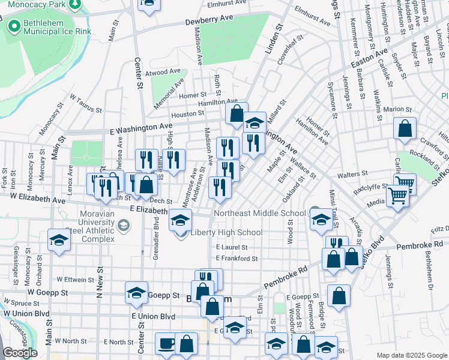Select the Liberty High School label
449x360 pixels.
[226, 233]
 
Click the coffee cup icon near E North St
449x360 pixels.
[166, 343]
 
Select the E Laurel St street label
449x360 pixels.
[232, 247]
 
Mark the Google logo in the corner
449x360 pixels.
[21, 353]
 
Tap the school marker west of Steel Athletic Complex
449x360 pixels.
[59, 240]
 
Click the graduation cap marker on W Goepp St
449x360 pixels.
[136, 293]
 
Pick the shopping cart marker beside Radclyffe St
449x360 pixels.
[405, 182]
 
